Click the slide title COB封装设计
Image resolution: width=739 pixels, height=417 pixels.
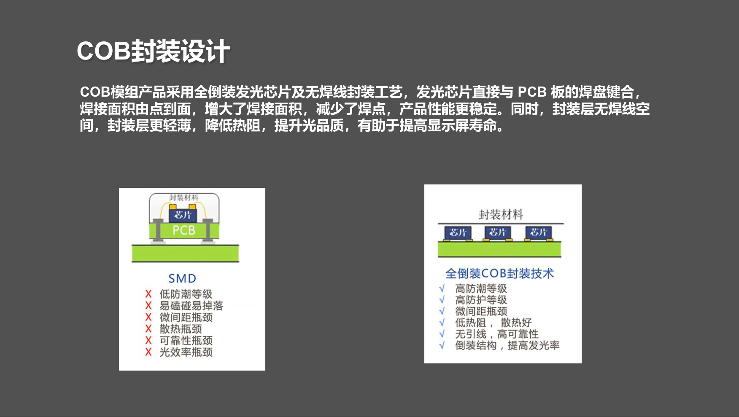(x=153, y=51)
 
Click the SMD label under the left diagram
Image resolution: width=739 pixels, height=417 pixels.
(x=182, y=279)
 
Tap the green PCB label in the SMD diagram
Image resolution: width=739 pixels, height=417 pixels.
(x=184, y=230)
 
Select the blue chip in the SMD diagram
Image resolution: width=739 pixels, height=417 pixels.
(x=183, y=215)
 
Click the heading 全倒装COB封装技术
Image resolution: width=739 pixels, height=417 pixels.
(x=500, y=273)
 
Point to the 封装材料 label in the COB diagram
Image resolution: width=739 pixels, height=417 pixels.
(x=501, y=214)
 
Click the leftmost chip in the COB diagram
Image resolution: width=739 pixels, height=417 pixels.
(x=458, y=233)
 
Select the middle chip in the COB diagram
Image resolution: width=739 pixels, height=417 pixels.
(x=498, y=233)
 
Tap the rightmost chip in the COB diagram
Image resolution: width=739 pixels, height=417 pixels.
(x=539, y=233)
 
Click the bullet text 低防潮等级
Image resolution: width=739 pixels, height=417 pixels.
(x=186, y=294)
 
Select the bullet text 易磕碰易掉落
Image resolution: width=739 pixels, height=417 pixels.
(x=191, y=306)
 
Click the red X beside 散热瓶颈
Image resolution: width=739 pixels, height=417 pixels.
(x=148, y=329)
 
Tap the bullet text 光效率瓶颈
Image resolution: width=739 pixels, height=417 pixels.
(x=186, y=352)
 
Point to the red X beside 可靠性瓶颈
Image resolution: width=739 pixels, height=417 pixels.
(x=148, y=341)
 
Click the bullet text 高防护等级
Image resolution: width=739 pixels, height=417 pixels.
(x=481, y=300)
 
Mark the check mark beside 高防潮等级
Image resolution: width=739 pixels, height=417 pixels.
(x=442, y=289)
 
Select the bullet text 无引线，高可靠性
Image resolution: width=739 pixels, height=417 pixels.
(x=497, y=334)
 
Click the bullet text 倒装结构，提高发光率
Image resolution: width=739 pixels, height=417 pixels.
(x=507, y=346)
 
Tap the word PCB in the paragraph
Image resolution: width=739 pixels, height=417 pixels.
(x=532, y=92)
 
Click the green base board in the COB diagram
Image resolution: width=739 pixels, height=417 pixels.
(x=500, y=249)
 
